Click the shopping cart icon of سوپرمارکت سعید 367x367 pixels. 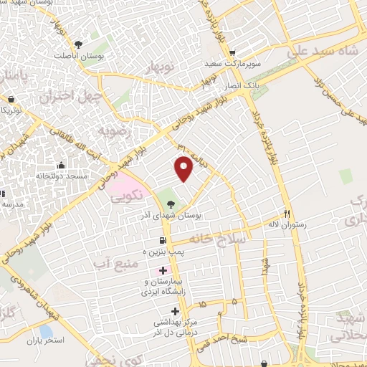(x=232, y=53)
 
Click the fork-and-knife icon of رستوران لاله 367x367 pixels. (x=287, y=213)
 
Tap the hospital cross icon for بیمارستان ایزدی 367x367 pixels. (x=163, y=271)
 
